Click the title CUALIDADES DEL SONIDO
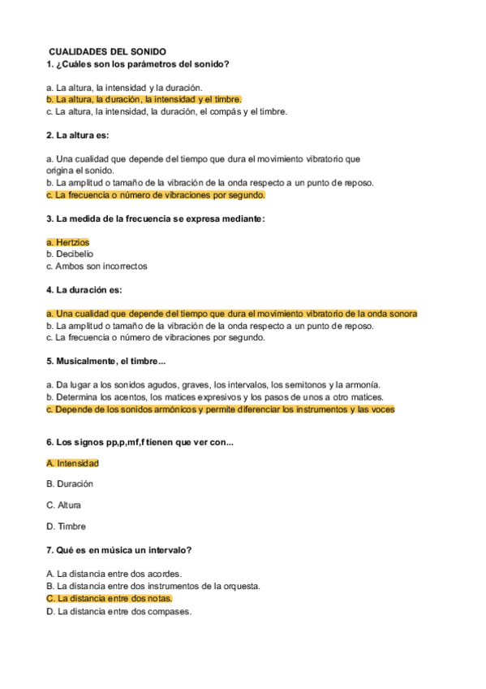point(107,51)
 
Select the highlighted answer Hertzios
point(68,242)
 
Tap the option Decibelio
point(70,254)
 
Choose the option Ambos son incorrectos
point(97,266)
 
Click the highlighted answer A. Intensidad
point(72,463)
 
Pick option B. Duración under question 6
point(70,484)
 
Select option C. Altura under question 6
point(64,505)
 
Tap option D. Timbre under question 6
point(67,526)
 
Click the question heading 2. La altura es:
point(78,135)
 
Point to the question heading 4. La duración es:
point(85,290)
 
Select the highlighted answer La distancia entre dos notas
point(110,599)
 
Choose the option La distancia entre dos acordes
point(114,574)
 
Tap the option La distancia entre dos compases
point(119,612)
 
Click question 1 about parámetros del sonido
point(138,64)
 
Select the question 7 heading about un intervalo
point(119,551)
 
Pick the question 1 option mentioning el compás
point(167,111)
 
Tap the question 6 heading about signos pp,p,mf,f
point(140,442)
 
